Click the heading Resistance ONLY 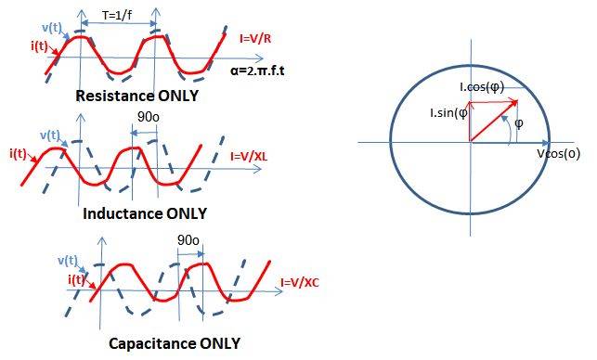click(139, 96)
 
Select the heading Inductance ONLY click(144, 212)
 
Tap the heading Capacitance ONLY click(174, 343)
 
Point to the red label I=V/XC click(299, 282)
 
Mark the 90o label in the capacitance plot click(188, 240)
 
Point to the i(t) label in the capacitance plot click(78, 279)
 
